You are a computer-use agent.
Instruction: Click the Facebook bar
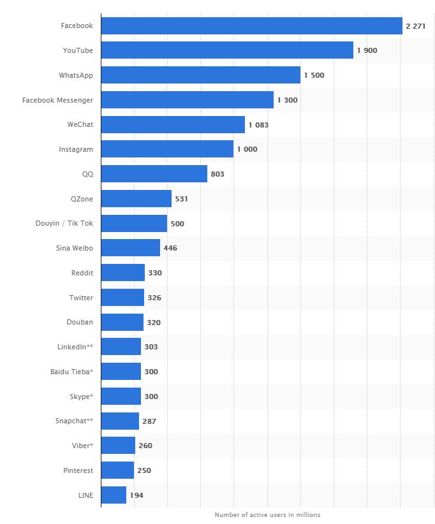pos(251,25)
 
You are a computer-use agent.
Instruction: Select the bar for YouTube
pos(227,50)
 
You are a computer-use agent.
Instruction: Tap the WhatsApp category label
pos(75,75)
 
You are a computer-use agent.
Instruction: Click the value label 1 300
pos(287,100)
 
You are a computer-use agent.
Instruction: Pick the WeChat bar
pos(173,124)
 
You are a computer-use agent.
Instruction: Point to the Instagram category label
pos(76,149)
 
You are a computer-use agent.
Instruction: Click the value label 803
pos(217,174)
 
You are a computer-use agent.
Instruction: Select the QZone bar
pos(136,199)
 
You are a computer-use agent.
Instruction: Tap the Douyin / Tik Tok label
pos(64,223)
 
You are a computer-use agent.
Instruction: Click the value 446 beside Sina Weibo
pos(170,248)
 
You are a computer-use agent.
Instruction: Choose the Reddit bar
pos(123,273)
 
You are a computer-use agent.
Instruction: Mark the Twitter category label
pos(81,298)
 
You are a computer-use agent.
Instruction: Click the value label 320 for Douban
pos(154,323)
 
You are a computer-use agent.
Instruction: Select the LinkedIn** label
pos(75,347)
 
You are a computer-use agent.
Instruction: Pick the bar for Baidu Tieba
pos(121,372)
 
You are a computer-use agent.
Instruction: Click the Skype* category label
pos(81,397)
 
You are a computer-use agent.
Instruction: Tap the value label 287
pos(149,421)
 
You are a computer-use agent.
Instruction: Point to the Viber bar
pos(118,446)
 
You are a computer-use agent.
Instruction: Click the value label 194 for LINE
pos(136,495)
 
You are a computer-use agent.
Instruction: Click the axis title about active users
pos(267,514)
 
